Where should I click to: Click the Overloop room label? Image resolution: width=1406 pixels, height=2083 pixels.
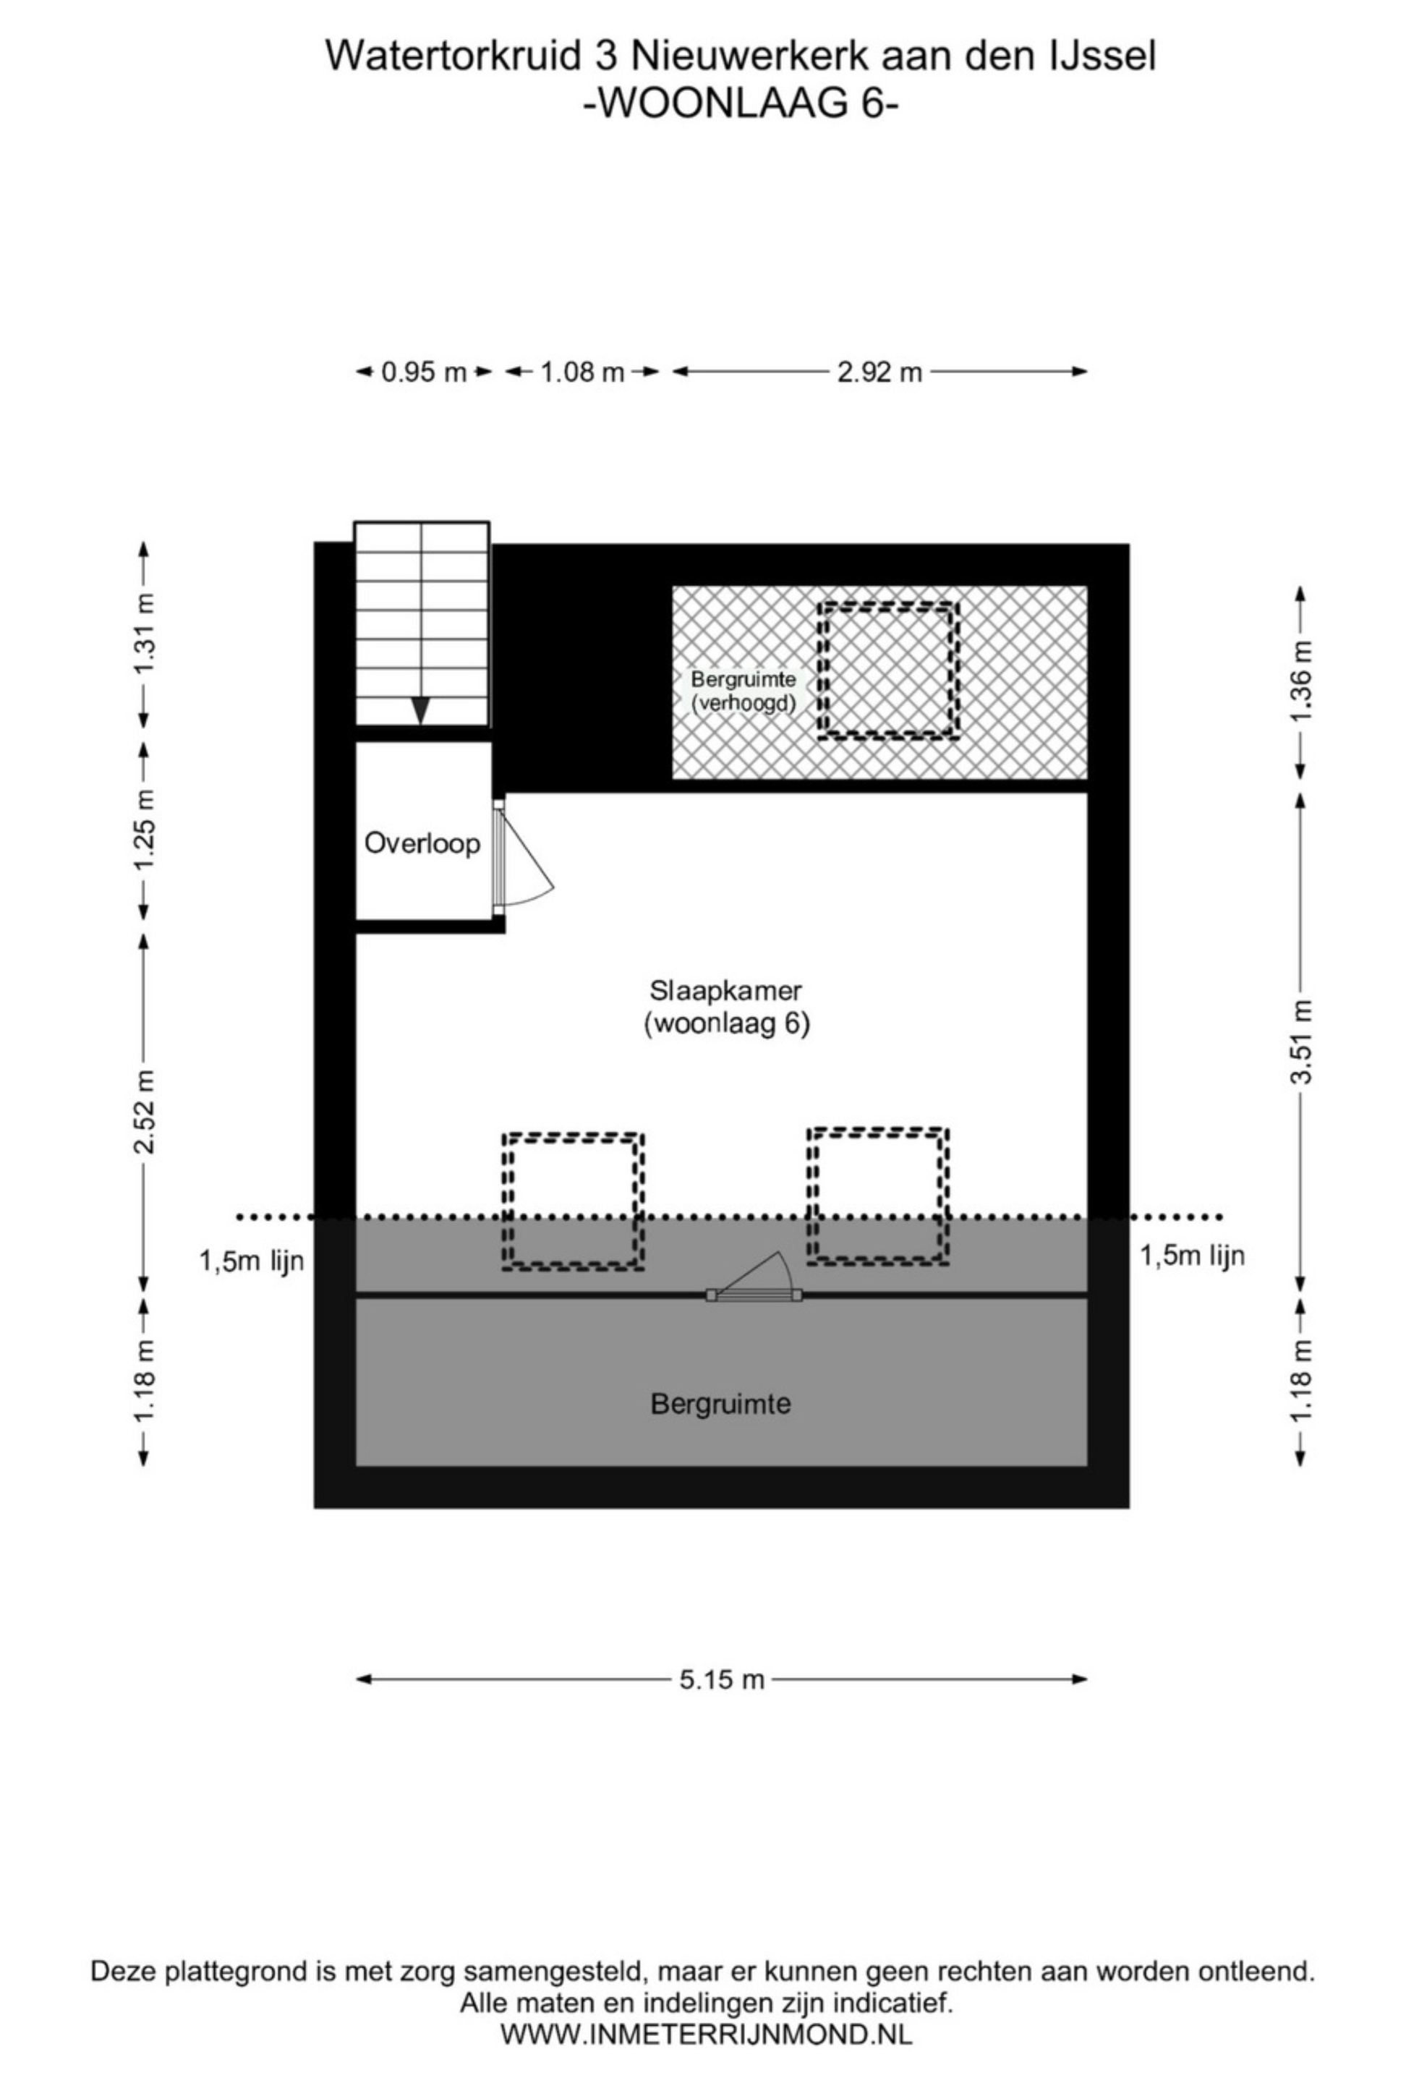point(421,843)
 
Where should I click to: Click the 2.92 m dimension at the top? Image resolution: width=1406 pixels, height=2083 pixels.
point(879,371)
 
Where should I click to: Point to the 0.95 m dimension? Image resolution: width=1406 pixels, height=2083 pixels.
point(424,371)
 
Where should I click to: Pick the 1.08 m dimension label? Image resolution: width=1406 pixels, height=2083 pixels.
point(582,371)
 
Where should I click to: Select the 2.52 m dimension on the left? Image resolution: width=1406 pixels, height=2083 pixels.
point(144,1112)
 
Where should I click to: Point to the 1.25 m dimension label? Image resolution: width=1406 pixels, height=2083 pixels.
point(144,829)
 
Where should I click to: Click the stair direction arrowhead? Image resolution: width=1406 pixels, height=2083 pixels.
point(420,709)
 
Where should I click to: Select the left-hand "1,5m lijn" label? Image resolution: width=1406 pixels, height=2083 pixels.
point(252,1261)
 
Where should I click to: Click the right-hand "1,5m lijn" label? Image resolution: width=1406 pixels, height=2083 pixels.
point(1192,1256)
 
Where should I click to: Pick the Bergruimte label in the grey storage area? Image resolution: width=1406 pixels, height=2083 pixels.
point(720,1404)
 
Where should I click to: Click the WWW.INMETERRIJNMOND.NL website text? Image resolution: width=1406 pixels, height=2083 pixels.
point(706,2034)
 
